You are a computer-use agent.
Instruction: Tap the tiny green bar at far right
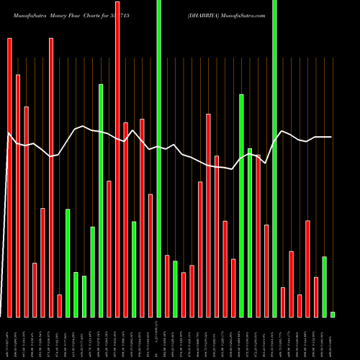(333, 314)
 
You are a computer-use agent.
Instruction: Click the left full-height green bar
(159, 158)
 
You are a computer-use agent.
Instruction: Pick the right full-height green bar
(274, 158)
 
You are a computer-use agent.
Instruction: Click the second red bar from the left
(18, 195)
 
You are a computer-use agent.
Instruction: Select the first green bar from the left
(68, 263)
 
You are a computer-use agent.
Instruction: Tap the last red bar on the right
(316, 297)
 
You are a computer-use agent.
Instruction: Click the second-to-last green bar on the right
(325, 287)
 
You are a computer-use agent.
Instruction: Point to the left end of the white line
(8, 132)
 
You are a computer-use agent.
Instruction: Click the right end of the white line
(331, 137)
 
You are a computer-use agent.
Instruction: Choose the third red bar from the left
(26, 212)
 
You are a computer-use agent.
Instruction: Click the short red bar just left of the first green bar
(59, 305)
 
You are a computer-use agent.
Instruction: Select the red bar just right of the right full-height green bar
(283, 302)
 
